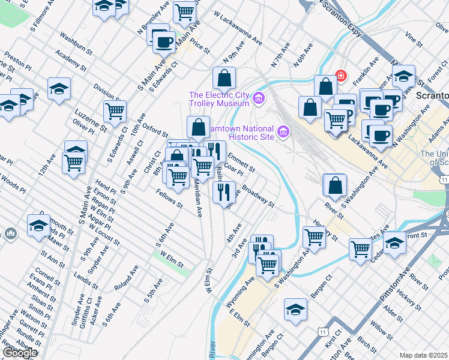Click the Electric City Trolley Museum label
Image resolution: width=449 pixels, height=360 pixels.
219,99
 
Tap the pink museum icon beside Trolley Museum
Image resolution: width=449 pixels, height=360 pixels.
259,97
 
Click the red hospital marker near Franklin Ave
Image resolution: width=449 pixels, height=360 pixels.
340,76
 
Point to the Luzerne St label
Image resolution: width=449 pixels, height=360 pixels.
90,120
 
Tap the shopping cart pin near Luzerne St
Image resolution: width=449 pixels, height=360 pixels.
115,110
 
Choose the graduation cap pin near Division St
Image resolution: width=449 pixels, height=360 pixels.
59,88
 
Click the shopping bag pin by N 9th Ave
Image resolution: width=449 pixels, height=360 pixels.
224,77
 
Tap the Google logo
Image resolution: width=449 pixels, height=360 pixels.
20,352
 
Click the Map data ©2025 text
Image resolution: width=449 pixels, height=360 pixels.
423,355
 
